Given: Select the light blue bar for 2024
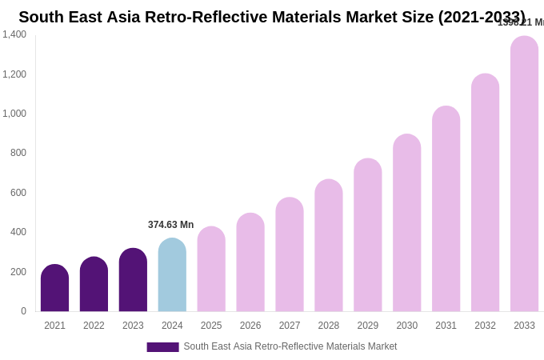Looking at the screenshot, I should (172, 275).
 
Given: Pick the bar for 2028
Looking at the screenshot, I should (328, 246).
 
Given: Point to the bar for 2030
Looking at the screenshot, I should (406, 223).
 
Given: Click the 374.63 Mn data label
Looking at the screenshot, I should (170, 225).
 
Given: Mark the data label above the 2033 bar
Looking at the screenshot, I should (521, 22).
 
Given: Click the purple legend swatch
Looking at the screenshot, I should (162, 347).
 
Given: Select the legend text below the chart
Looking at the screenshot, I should (290, 346).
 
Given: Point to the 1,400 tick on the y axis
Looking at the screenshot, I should (14, 34).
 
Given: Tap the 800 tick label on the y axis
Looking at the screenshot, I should (18, 153).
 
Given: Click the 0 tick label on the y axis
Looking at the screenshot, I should (23, 311).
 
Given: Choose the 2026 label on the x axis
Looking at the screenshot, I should (250, 326).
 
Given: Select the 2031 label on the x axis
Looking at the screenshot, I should (446, 326).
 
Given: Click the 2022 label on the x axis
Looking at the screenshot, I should (94, 326).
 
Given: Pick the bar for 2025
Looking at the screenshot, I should (211, 270).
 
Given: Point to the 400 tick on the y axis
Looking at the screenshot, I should (18, 232).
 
